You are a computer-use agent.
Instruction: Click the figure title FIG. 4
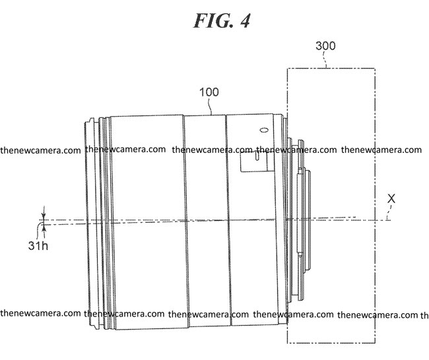click(222, 21)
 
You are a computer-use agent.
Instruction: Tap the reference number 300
click(325, 46)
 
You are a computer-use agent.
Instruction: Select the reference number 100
click(209, 92)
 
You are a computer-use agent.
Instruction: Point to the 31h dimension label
click(38, 245)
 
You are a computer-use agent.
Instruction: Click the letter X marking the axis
click(391, 198)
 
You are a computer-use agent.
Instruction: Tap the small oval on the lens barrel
click(264, 130)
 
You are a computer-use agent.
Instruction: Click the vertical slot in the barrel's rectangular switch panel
click(256, 156)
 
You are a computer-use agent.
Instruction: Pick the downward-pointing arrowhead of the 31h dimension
click(44, 216)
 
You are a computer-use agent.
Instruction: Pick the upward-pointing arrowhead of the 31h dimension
click(44, 229)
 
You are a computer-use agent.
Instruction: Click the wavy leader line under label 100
click(210, 106)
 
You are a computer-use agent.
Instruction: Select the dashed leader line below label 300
click(325, 59)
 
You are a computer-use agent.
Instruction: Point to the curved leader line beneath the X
click(389, 212)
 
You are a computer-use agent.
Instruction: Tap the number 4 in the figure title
click(245, 21)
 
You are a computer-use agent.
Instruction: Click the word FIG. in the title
click(214, 21)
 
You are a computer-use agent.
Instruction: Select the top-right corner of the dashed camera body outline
click(375, 69)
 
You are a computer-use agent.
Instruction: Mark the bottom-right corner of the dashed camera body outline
click(375, 343)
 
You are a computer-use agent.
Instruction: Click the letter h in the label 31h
click(45, 245)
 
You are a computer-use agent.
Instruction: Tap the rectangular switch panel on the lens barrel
click(254, 162)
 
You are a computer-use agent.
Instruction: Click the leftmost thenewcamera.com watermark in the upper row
click(40, 150)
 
